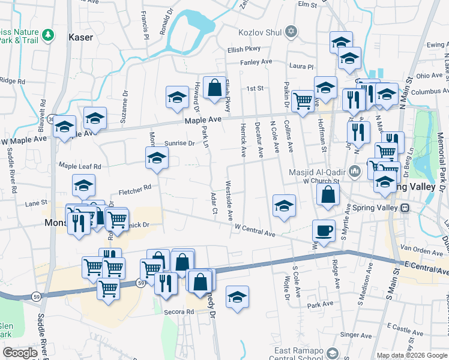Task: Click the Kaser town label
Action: pos(81,37)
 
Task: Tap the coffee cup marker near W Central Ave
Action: pos(324,231)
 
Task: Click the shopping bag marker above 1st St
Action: pos(214,88)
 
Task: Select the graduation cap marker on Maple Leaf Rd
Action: pos(157,158)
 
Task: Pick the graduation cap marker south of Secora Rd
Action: pos(238,297)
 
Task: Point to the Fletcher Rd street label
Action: pos(134,191)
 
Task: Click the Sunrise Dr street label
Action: pos(179,143)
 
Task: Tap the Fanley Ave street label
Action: pos(256,62)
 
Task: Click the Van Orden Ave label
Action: pos(416,248)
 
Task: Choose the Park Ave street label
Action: pos(316,305)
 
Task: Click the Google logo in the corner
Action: pos(20,353)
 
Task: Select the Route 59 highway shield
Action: pos(139,282)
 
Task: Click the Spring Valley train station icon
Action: pos(405,208)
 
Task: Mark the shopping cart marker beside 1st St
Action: pos(303,99)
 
